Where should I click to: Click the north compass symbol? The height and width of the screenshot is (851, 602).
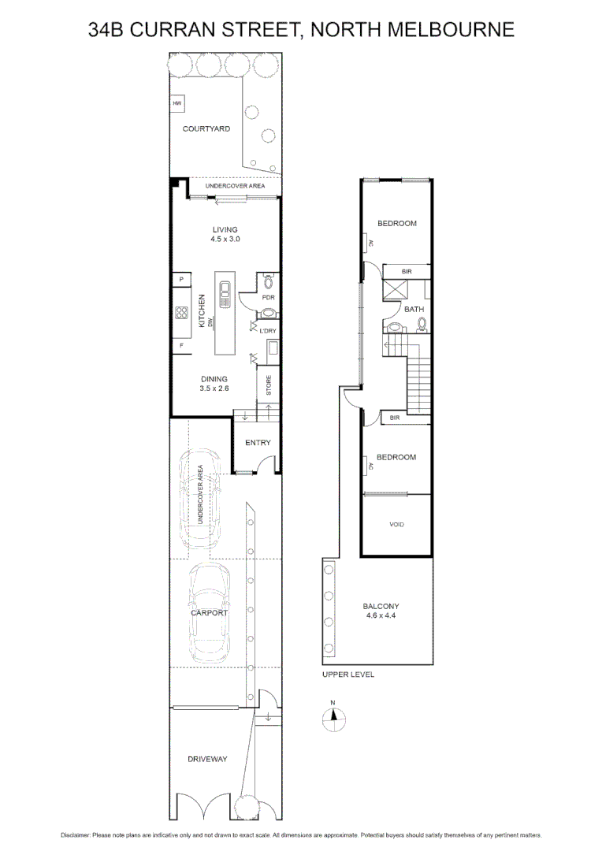334,718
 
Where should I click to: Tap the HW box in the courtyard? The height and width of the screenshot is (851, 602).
177,103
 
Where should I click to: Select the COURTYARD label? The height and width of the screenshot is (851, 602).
206,128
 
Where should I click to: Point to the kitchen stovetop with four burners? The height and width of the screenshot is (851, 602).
180,313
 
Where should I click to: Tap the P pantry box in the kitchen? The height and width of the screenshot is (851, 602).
180,280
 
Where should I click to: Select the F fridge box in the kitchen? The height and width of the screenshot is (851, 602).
180,346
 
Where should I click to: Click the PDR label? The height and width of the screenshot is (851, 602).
268,298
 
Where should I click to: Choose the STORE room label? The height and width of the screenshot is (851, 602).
269,386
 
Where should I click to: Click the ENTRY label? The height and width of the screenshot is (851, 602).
258,443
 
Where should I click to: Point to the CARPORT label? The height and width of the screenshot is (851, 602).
209,612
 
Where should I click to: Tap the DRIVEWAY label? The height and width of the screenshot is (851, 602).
207,759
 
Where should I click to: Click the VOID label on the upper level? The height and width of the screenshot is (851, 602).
396,524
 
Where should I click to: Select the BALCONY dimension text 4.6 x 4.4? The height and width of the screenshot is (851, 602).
381,616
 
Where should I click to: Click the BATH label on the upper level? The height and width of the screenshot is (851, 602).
414,310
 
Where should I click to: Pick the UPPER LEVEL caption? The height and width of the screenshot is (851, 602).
348,675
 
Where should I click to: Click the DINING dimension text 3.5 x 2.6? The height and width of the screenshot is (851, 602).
214,388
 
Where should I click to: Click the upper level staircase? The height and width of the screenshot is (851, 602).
419,383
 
